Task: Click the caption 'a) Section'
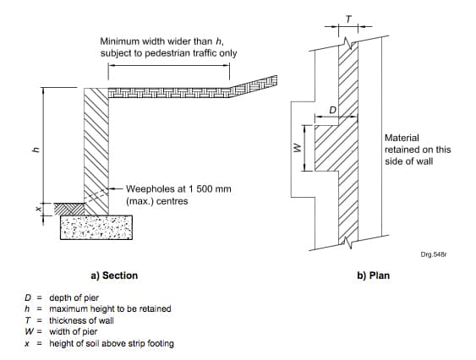[113, 275]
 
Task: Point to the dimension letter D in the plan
[332, 110]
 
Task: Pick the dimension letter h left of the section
[35, 150]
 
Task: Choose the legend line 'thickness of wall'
[81, 320]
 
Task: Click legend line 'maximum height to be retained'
[110, 308]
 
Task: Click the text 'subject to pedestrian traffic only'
[167, 53]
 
